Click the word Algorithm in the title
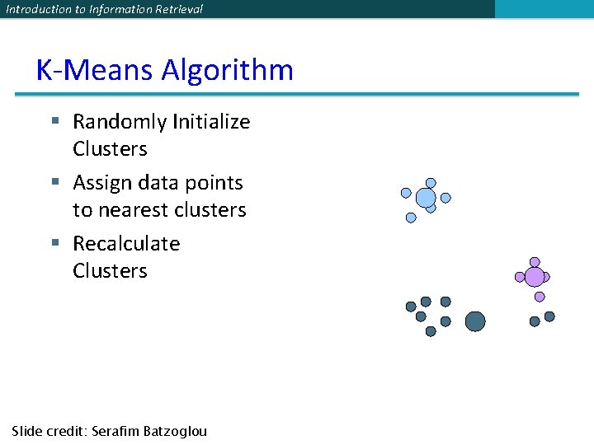(227, 70)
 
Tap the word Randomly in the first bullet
(120, 122)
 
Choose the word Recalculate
(126, 243)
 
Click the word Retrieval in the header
(175, 9)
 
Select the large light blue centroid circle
(426, 198)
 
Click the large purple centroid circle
(535, 277)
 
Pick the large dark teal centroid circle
(475, 321)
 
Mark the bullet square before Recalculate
(55, 243)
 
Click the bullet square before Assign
(55, 182)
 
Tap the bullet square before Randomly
(55, 122)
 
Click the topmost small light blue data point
(431, 183)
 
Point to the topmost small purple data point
(535, 262)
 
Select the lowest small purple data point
(540, 297)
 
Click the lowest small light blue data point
(411, 218)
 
